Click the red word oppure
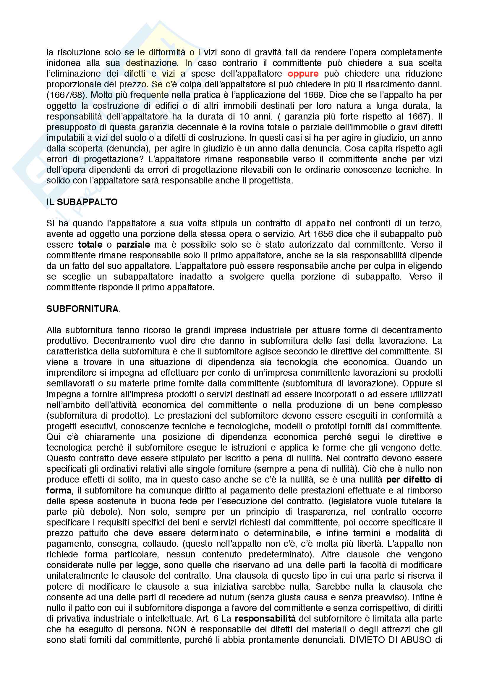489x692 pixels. coord(303,74)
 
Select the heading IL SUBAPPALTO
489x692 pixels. coord(82,202)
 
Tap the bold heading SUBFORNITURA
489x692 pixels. coord(82,309)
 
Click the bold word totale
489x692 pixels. coord(90,244)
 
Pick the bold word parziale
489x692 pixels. coord(133,244)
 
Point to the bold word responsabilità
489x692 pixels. coord(265,618)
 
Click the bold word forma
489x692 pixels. coord(59,490)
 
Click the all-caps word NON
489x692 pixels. coord(176,629)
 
